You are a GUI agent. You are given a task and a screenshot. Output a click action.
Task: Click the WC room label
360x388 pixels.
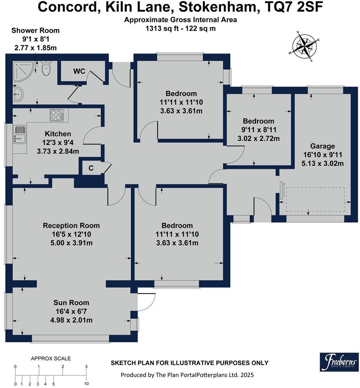coord(79,71)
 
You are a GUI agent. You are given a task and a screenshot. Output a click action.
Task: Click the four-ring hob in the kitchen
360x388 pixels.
coord(57,115)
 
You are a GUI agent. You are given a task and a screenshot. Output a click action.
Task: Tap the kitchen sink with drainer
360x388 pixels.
coord(20,134)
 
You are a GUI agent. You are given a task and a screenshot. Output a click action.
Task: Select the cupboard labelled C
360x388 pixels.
coord(91,168)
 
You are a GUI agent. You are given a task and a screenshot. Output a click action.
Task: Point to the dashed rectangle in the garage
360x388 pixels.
coord(315,199)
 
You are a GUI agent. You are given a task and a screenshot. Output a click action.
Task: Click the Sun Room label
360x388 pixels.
coord(71,303)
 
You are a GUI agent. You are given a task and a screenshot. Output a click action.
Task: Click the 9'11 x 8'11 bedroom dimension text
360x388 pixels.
coord(258,130)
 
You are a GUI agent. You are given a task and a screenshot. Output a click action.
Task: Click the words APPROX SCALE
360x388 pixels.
coord(51,359)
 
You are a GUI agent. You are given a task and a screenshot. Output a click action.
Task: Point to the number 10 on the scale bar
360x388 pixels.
coord(86,384)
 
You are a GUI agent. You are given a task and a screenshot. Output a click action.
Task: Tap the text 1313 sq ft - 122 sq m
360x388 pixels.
coord(180,28)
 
